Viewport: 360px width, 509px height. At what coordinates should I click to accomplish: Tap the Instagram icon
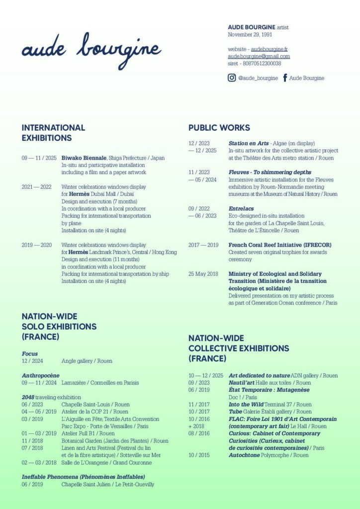pos(232,78)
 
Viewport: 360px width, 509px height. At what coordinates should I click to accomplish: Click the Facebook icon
pos(285,78)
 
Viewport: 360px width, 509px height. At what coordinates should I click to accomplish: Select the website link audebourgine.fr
pos(269,49)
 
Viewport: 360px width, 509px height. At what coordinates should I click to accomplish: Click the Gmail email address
pos(259,56)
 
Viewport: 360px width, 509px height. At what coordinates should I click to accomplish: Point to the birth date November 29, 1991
pos(250,34)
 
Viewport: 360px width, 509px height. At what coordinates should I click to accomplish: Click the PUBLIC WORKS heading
pos(219,128)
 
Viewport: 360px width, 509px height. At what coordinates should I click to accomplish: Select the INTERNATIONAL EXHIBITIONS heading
pos(53,133)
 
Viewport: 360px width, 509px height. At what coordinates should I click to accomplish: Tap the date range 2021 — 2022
pos(36,187)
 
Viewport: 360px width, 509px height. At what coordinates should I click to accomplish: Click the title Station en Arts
pos(248,143)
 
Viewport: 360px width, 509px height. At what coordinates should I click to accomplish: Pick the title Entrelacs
pos(240,209)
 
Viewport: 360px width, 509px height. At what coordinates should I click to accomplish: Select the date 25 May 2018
pos(203,274)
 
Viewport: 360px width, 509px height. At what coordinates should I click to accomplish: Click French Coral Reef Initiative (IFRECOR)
pos(279,245)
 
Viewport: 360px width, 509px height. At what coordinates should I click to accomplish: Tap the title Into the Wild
pos(246,405)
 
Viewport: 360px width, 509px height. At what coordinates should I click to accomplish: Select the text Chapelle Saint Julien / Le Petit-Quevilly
pos(107,484)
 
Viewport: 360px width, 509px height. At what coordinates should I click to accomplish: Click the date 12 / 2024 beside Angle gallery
pos(32,361)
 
